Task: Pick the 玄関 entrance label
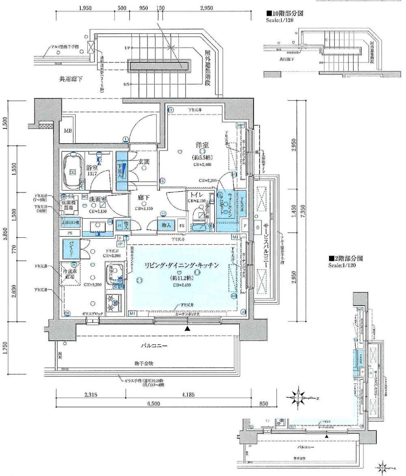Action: click(x=144, y=162)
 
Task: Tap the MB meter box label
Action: click(x=67, y=131)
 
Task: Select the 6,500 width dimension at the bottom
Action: click(x=153, y=403)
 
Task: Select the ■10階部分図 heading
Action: click(x=285, y=13)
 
